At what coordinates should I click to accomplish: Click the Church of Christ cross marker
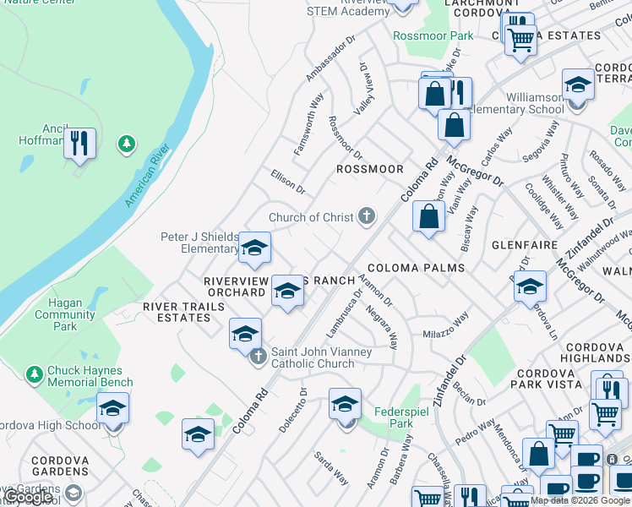(367, 216)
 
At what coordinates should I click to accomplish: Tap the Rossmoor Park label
(433, 36)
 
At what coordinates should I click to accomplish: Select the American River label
(146, 176)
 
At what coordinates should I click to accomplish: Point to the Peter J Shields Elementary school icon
(254, 248)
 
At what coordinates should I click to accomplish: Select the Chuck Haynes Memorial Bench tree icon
(34, 373)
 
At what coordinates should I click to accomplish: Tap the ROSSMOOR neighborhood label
(370, 169)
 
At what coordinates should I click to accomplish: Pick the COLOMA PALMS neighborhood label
(416, 268)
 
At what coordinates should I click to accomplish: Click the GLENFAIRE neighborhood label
(525, 245)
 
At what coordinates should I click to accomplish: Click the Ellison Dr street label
(287, 181)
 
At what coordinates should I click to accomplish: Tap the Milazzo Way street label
(445, 325)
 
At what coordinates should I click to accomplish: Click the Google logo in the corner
(28, 497)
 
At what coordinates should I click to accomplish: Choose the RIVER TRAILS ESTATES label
(177, 312)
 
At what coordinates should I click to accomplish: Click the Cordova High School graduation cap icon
(113, 410)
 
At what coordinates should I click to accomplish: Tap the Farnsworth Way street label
(308, 123)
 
